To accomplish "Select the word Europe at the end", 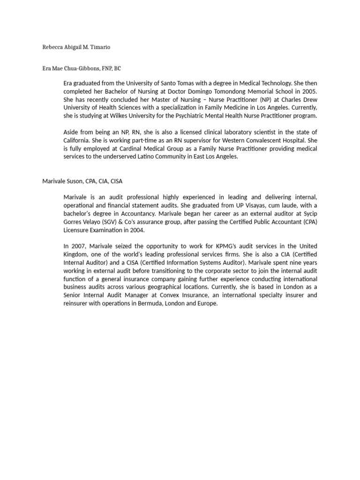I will [207, 303].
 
